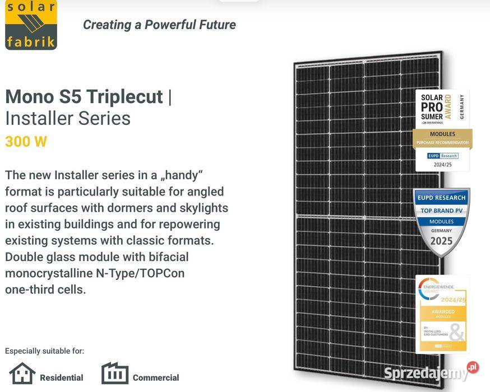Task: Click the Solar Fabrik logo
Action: pyautogui.click(x=31, y=25)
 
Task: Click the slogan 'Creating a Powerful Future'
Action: pyautogui.click(x=159, y=25)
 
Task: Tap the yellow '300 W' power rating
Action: pyautogui.click(x=26, y=142)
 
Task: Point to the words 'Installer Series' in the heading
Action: pyautogui.click(x=68, y=118)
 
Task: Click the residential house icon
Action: pyautogui.click(x=22, y=374)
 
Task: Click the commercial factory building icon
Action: pyautogui.click(x=115, y=374)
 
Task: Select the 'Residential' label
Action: pyautogui.click(x=62, y=377)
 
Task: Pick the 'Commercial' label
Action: pyautogui.click(x=156, y=377)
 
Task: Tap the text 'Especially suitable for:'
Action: pyautogui.click(x=44, y=351)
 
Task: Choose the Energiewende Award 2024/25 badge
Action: pyautogui.click(x=442, y=314)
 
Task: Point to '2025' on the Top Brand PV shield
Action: pyautogui.click(x=441, y=241)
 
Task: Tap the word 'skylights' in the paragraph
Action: pyautogui.click(x=201, y=208)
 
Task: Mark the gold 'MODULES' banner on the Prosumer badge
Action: pyautogui.click(x=442, y=134)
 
